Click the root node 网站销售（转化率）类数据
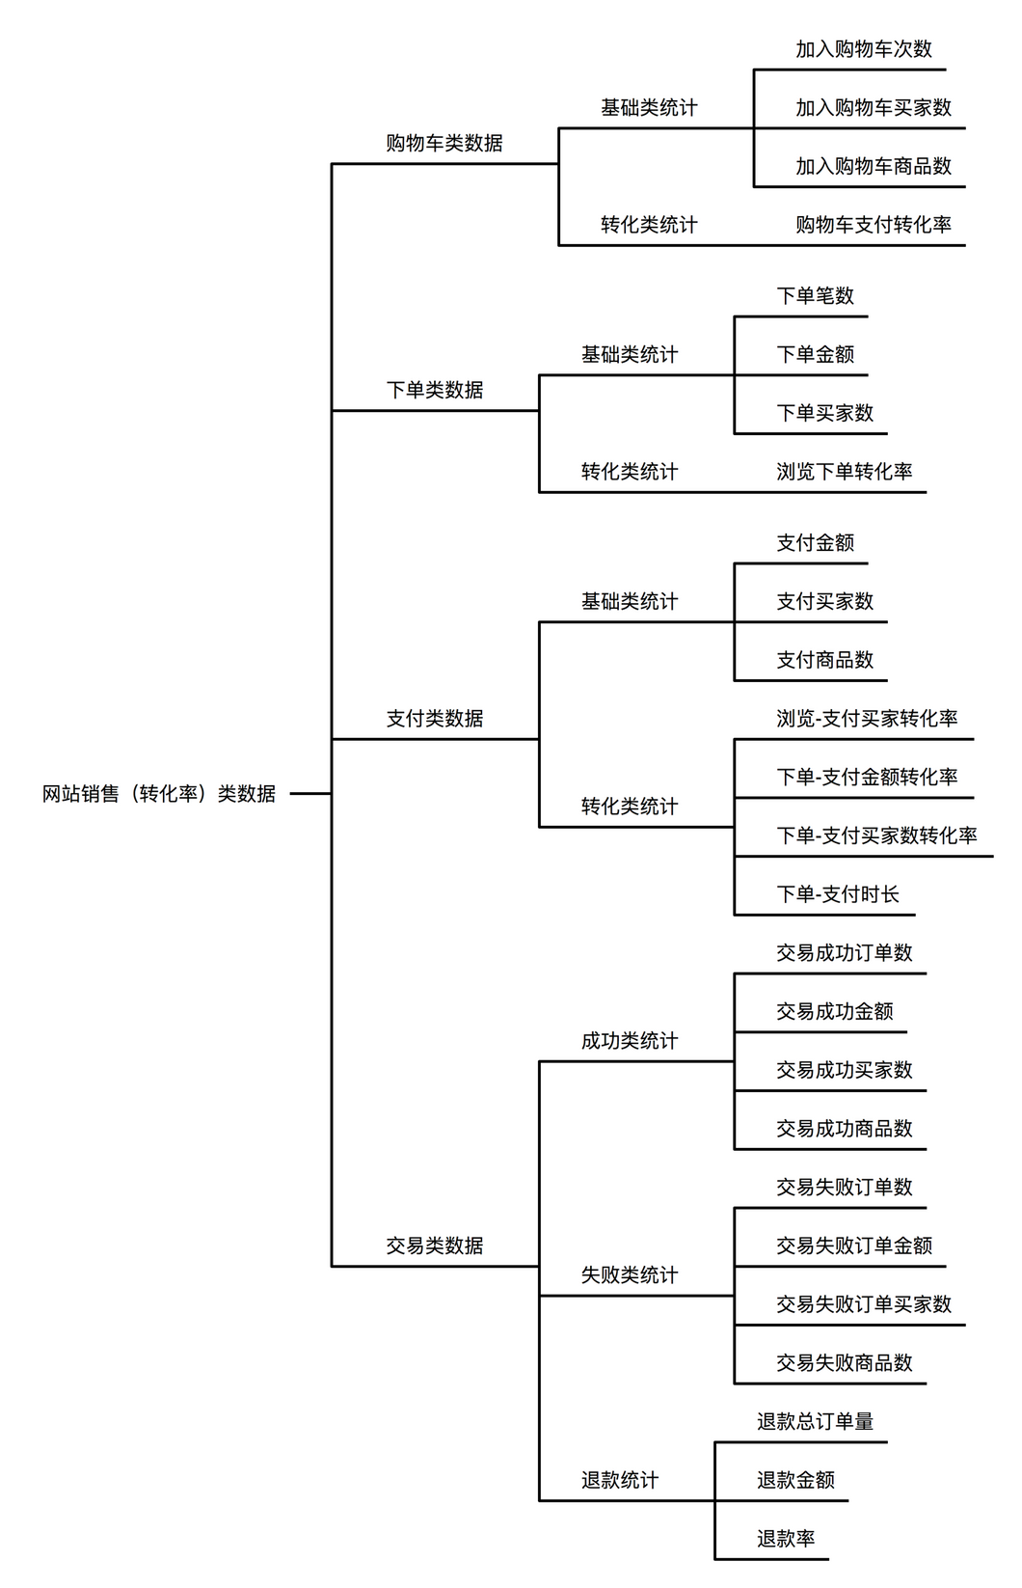point(159,793)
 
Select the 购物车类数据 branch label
point(444,143)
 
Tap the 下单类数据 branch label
point(434,390)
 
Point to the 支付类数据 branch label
point(434,719)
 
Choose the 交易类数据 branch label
point(434,1246)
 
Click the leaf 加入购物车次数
point(863,49)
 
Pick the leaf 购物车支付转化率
point(874,225)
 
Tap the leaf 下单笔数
point(816,295)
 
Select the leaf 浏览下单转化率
point(845,472)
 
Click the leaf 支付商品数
point(825,660)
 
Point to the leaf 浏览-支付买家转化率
point(867,719)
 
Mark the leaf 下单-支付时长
point(838,894)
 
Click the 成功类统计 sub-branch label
point(630,1041)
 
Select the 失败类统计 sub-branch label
point(630,1275)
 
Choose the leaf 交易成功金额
point(834,1012)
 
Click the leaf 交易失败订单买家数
point(863,1304)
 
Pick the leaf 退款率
point(786,1539)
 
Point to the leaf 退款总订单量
point(816,1421)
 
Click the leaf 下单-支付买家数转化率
point(876,835)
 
